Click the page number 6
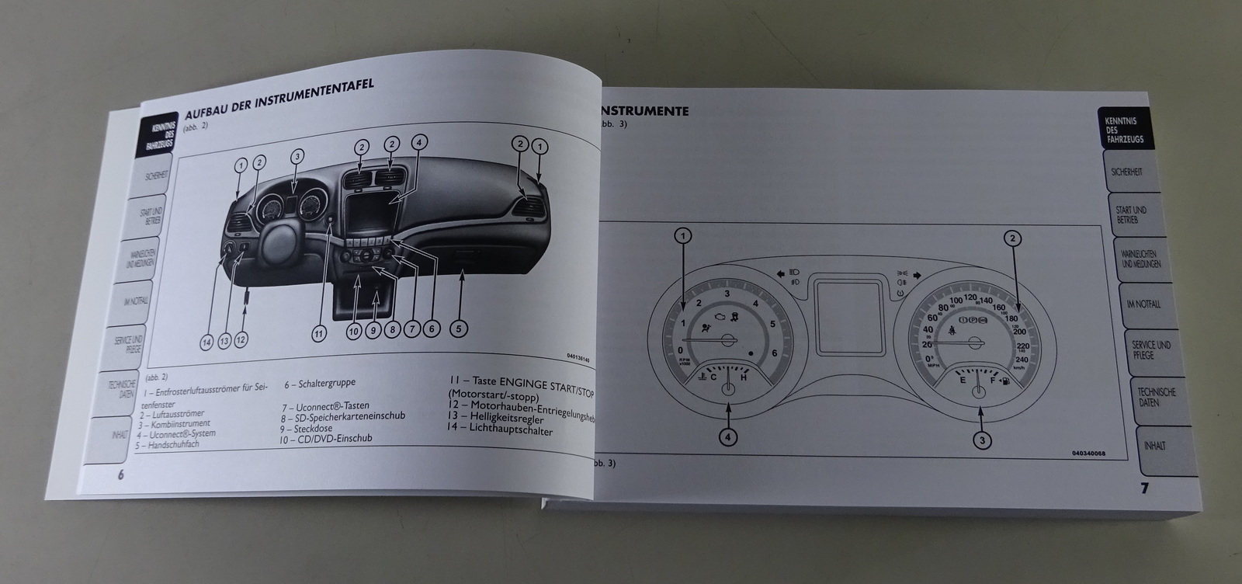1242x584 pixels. click(120, 475)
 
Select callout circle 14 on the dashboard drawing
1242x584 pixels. click(206, 341)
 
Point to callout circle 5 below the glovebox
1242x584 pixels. click(459, 329)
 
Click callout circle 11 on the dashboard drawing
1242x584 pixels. click(319, 334)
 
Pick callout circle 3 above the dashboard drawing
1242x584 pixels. click(297, 156)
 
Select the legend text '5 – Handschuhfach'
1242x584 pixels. click(168, 444)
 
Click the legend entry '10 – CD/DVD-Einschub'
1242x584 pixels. click(327, 437)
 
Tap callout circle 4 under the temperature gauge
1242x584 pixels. click(727, 437)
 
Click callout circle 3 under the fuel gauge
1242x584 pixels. click(983, 441)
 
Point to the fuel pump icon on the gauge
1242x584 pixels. click(1006, 382)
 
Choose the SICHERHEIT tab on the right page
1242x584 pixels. click(1126, 172)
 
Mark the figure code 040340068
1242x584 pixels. click(1088, 453)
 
